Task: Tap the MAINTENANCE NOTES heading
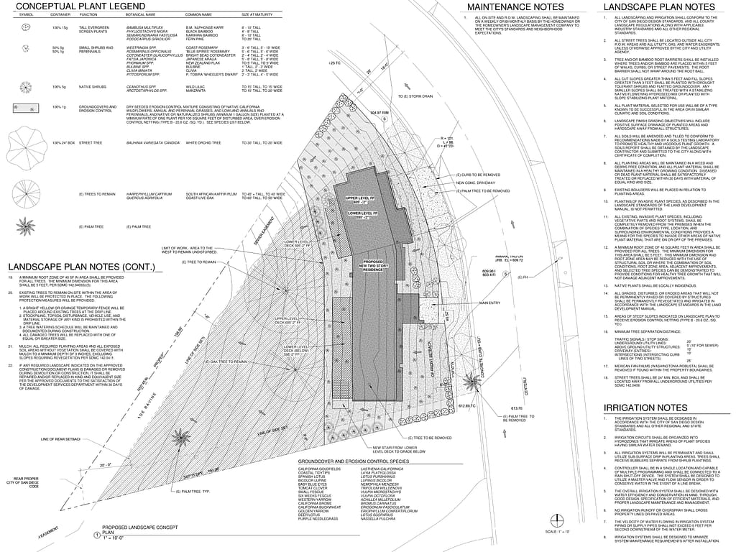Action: coord(515,6)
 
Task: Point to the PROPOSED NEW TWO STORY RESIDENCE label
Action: coord(377,264)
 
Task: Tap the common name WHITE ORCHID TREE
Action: coord(208,163)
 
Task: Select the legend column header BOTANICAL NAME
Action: coord(140,14)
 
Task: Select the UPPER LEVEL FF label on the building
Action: coord(362,198)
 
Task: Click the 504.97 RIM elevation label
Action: coord(379,113)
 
